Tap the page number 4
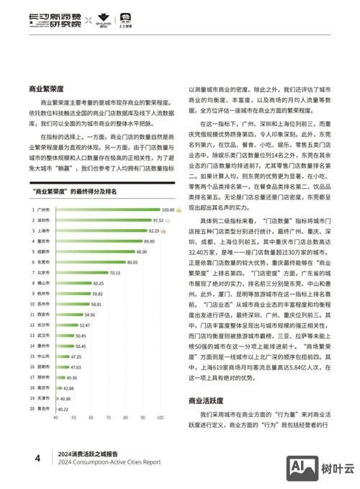(x=37, y=457)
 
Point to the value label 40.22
(x=63, y=408)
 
